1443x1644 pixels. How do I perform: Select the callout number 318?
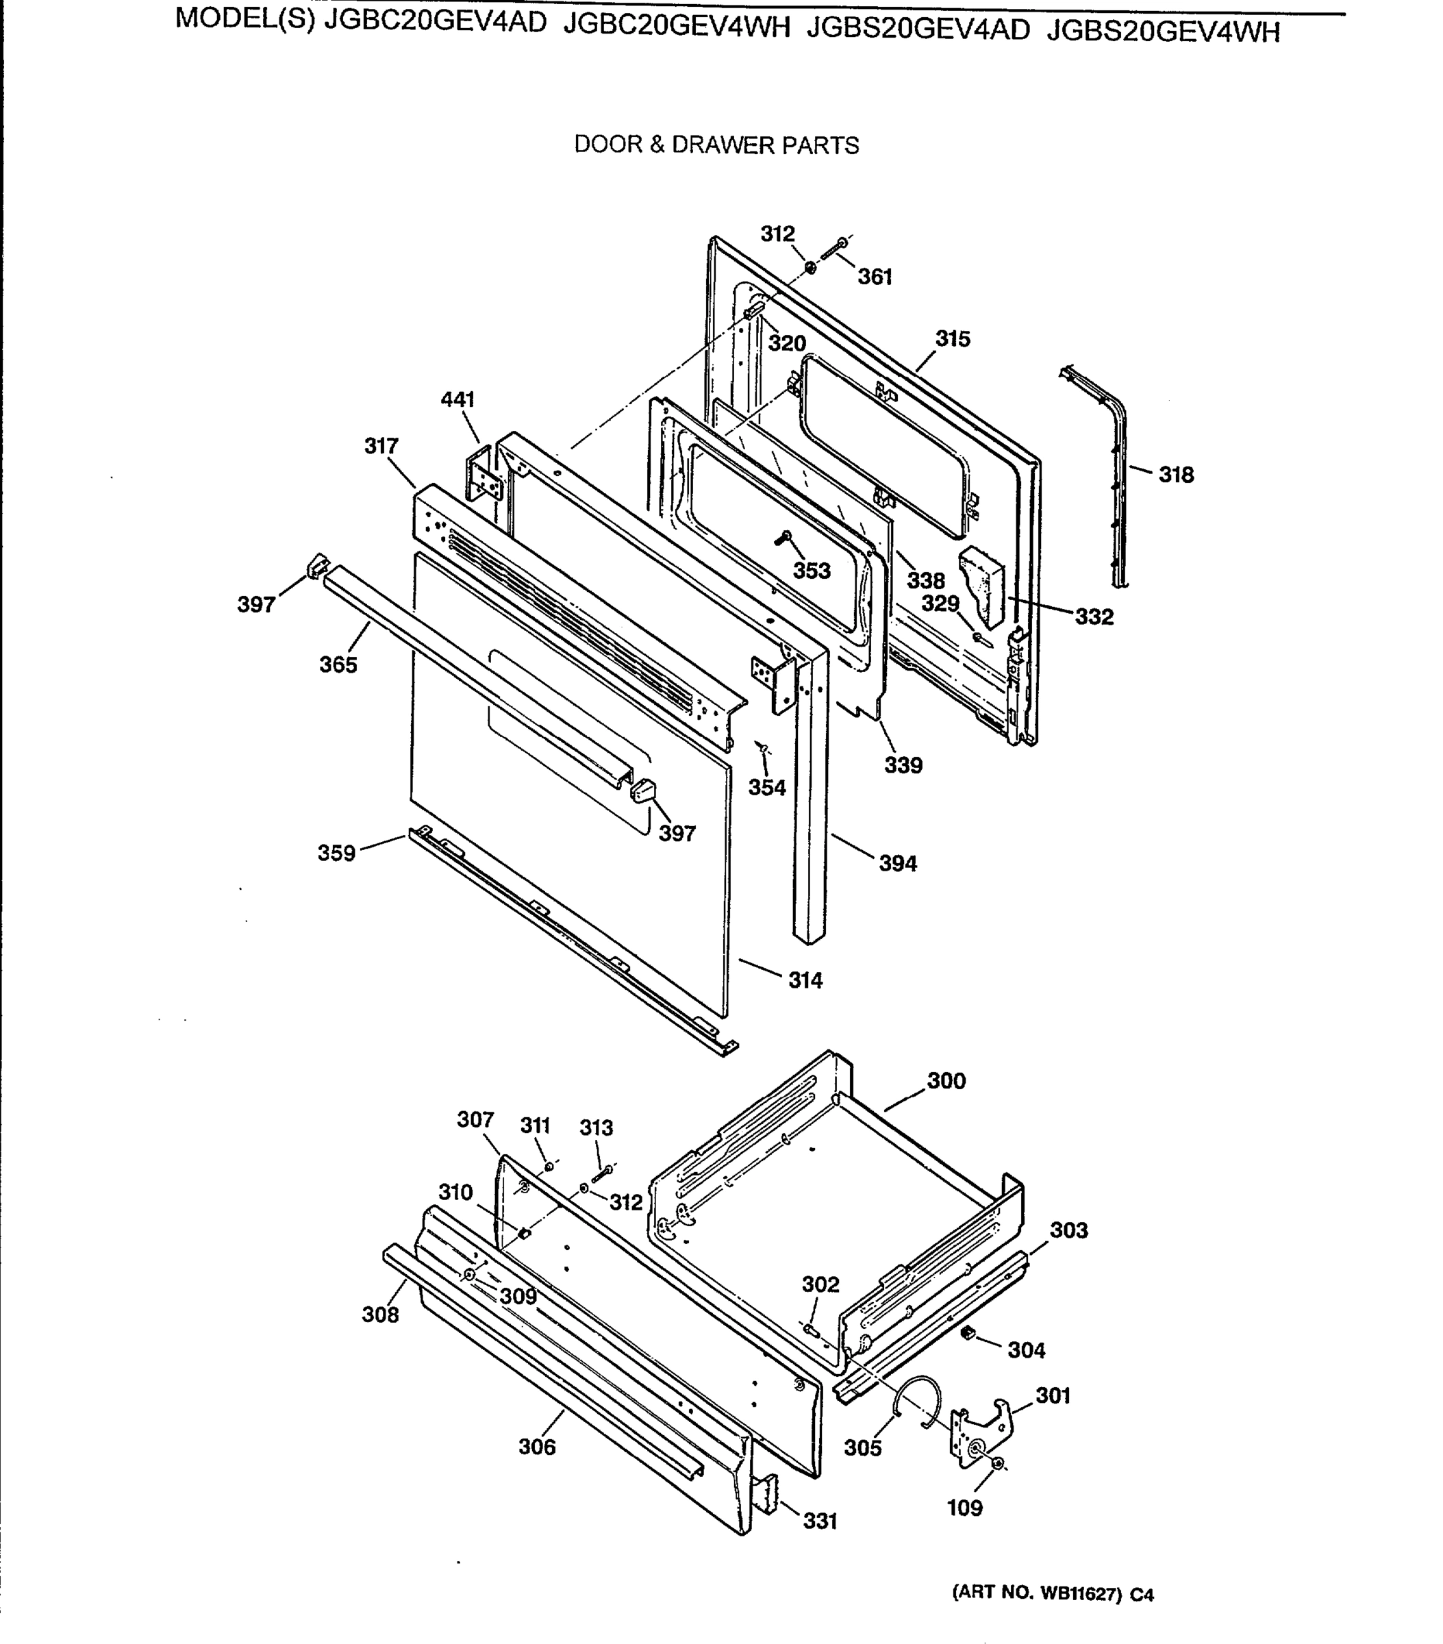(1175, 475)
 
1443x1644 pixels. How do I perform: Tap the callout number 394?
(897, 863)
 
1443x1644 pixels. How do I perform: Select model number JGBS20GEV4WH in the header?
(1162, 31)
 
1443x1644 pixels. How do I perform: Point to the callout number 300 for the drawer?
(946, 1080)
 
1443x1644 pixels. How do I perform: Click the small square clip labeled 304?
(968, 1333)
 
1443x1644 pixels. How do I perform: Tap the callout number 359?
(336, 853)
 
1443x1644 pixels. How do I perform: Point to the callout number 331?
(820, 1520)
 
